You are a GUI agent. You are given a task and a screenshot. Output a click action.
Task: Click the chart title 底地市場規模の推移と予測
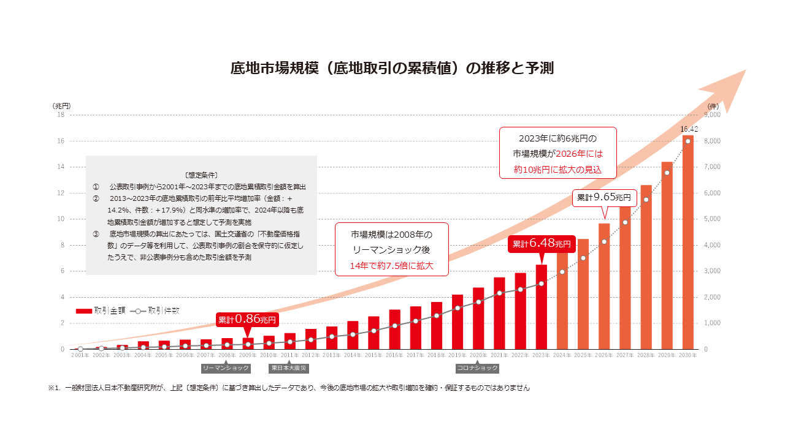click(x=392, y=68)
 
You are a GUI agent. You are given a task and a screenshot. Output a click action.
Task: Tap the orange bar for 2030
click(x=687, y=245)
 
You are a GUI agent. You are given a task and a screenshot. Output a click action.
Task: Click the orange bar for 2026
click(x=604, y=288)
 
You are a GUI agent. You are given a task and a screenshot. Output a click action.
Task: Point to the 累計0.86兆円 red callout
click(x=247, y=319)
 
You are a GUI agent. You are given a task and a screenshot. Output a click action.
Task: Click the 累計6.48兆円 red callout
click(x=542, y=244)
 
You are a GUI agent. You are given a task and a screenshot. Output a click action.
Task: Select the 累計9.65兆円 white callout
click(x=604, y=198)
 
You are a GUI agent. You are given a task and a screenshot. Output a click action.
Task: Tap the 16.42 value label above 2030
click(x=689, y=129)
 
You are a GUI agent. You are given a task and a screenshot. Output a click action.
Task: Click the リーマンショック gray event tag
click(x=226, y=368)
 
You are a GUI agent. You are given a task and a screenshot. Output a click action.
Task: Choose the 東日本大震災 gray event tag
click(x=289, y=368)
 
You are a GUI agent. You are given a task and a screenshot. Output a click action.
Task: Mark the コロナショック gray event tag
click(x=477, y=368)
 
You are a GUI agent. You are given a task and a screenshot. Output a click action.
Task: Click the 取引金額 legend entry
click(x=101, y=311)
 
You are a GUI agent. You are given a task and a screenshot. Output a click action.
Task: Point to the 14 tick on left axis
click(x=61, y=167)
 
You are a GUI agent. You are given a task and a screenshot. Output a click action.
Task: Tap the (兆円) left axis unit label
click(x=62, y=106)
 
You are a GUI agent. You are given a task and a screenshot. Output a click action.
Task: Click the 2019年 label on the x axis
click(x=458, y=355)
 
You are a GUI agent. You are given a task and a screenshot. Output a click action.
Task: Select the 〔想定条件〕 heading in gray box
click(x=201, y=175)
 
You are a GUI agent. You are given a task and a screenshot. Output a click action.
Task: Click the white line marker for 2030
click(x=688, y=141)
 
